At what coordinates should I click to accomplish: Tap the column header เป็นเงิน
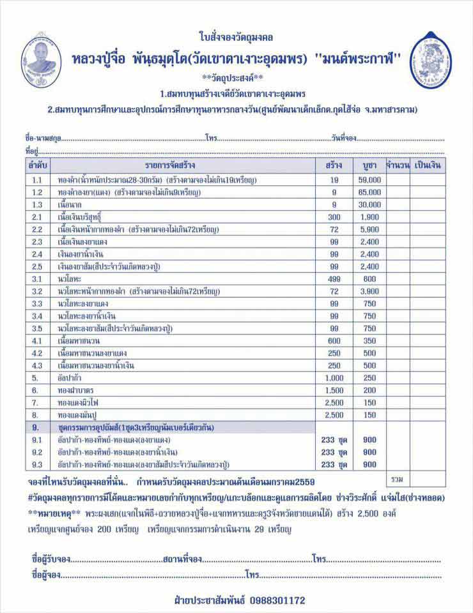tap(428, 165)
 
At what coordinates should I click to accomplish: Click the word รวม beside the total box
tap(396, 478)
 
